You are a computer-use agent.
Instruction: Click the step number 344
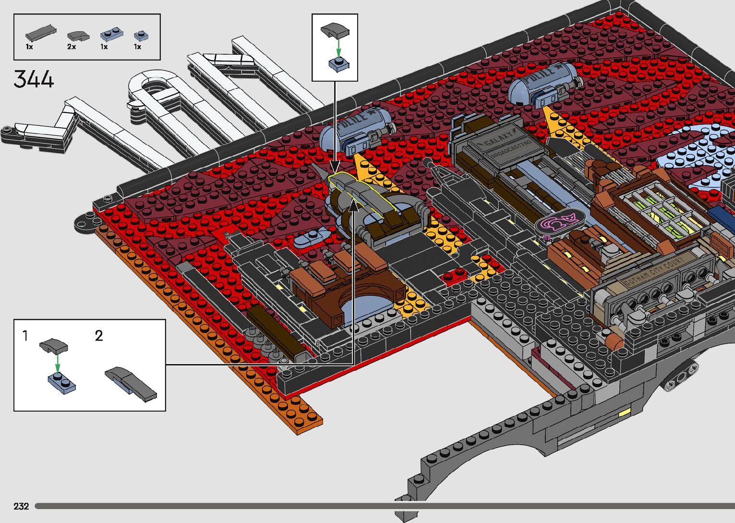point(34,79)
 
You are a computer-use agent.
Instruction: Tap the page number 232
point(21,506)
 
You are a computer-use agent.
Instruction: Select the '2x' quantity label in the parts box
point(72,47)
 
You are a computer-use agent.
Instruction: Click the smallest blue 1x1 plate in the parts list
point(141,35)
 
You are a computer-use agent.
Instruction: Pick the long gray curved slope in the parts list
point(40,33)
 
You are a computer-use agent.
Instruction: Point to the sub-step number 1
point(25,336)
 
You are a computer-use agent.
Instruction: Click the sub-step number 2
point(99,336)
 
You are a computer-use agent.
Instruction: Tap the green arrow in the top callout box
point(338,48)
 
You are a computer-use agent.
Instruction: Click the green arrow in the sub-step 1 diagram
point(57,363)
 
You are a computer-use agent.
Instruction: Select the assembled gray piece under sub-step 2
point(131,383)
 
